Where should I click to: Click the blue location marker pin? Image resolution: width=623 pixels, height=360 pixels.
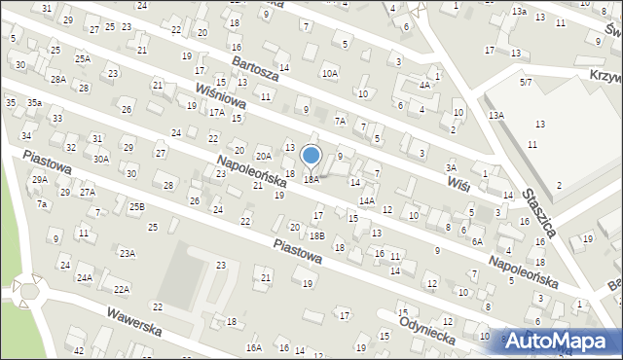[311, 156]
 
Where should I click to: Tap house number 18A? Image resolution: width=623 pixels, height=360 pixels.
[311, 179]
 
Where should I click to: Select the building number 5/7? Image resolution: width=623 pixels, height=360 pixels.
[526, 84]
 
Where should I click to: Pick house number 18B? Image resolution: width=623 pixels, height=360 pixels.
[317, 235]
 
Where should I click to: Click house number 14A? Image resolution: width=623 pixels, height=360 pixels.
[367, 200]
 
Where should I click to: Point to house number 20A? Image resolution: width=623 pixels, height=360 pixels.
[263, 156]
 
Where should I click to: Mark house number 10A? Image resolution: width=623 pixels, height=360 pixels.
[330, 73]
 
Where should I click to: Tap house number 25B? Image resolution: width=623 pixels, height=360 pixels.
[137, 206]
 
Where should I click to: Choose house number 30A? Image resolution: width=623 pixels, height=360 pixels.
[101, 158]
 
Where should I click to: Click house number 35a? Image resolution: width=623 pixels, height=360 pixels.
[34, 102]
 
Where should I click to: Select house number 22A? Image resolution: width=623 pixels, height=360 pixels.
[121, 289]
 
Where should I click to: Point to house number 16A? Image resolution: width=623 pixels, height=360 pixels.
[254, 347]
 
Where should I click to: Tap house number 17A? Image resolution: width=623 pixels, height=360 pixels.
[216, 113]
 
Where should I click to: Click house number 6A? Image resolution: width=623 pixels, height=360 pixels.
[477, 241]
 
